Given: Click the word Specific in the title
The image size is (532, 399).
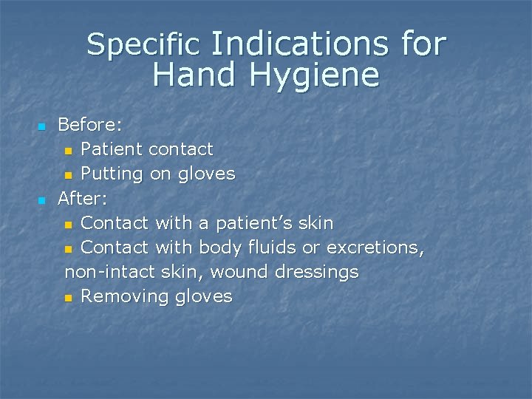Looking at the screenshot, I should [x=143, y=46].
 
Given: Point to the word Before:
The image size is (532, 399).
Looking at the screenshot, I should [x=90, y=125].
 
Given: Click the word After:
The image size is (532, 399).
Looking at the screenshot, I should [x=83, y=198].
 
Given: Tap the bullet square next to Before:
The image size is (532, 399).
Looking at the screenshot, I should [x=42, y=126].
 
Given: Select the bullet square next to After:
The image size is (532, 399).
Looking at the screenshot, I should [x=42, y=199].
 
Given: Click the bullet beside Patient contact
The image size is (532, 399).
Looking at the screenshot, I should [x=69, y=151].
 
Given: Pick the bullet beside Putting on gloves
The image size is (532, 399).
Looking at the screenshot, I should [x=69, y=175].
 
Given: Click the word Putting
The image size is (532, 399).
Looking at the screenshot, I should [x=112, y=174].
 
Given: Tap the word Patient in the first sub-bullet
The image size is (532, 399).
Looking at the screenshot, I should [x=112, y=149].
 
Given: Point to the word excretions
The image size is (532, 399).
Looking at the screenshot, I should [x=375, y=248].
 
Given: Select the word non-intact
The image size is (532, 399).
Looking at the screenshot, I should [x=108, y=272].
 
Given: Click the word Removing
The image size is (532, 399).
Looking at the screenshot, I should [x=125, y=297].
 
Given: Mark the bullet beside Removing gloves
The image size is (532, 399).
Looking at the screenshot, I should [x=69, y=298].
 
